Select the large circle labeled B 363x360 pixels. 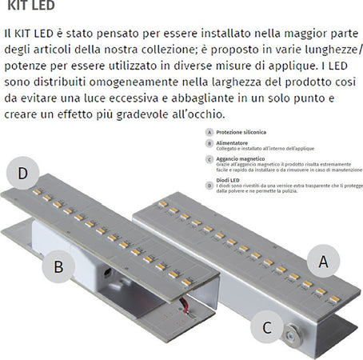tap(58, 266)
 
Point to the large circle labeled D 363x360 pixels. tap(23, 174)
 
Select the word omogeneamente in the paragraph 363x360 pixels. tap(149, 82)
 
